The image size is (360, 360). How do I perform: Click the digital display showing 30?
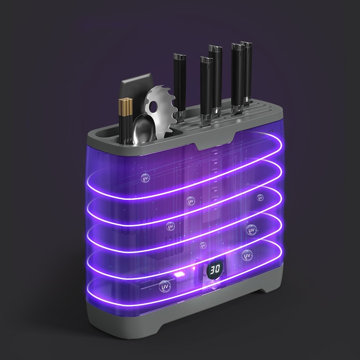[x=215, y=269]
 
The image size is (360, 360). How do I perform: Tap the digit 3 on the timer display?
[x=212, y=269]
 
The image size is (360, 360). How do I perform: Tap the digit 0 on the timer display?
[x=217, y=269]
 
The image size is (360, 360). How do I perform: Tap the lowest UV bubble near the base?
[x=165, y=287]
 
